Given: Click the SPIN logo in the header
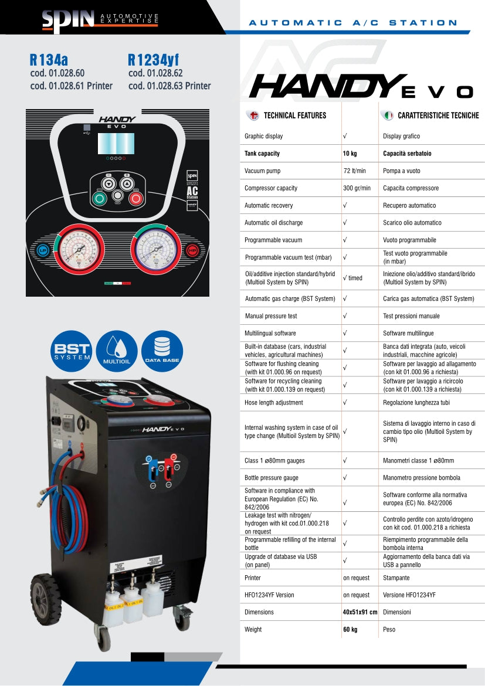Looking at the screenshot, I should (x=67, y=19).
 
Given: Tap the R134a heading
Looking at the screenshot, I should (x=49, y=60).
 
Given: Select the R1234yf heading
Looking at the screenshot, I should (x=153, y=60).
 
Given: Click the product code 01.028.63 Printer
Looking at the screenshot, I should (x=169, y=86).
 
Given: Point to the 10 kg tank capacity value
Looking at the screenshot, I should (x=350, y=154).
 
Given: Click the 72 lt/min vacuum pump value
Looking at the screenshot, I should (x=354, y=171).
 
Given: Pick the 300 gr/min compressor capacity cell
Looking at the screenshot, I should (x=357, y=188).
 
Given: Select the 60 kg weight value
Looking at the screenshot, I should (x=350, y=629).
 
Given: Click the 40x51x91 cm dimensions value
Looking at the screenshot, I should (x=359, y=612).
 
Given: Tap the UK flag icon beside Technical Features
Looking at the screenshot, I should (x=254, y=116).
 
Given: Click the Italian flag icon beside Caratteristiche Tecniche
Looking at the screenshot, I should (x=388, y=116).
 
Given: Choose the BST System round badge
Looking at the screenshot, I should (x=72, y=352).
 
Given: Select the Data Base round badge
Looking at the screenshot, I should (x=162, y=352).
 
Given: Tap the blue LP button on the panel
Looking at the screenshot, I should (x=42, y=250).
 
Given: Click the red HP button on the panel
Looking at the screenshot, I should (x=192, y=250).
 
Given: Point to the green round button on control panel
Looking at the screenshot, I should (x=99, y=198).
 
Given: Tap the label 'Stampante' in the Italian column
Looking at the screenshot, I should (x=395, y=578).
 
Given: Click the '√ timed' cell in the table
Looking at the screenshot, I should (x=353, y=278).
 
